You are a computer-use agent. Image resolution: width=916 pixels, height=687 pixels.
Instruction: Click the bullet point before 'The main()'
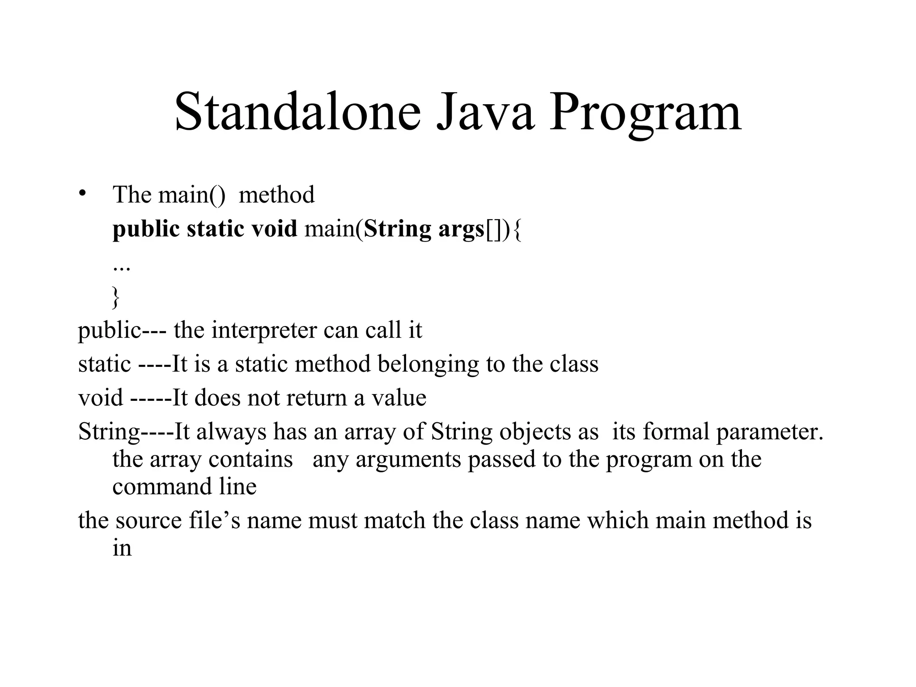(x=82, y=194)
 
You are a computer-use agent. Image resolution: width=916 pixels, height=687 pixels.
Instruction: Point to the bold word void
(x=274, y=229)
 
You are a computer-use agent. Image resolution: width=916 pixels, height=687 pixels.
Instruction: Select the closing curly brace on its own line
(x=116, y=297)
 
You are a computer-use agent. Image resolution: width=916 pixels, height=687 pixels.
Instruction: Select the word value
(x=399, y=398)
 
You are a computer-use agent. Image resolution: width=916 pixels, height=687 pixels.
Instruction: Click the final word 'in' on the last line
(x=122, y=548)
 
